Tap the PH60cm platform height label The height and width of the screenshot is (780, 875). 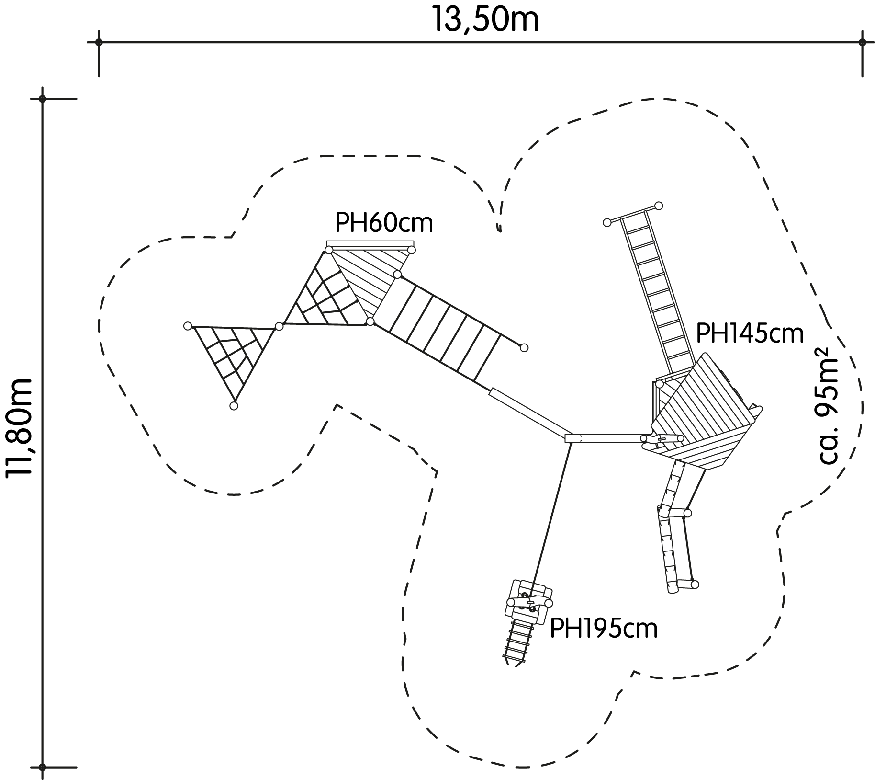pos(384,223)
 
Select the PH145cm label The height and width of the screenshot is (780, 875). pos(750,333)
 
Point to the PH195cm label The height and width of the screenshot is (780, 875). pos(604,628)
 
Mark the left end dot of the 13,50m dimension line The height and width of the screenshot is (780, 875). pos(99,42)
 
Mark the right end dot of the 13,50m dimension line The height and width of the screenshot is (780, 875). pos(863,42)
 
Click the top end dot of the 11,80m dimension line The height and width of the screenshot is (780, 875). pos(43,99)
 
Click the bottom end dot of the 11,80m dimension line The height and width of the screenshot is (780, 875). pos(43,767)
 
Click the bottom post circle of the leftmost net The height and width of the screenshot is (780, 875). pos(234,406)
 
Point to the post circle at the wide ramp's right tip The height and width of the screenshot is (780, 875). pos(524,347)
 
